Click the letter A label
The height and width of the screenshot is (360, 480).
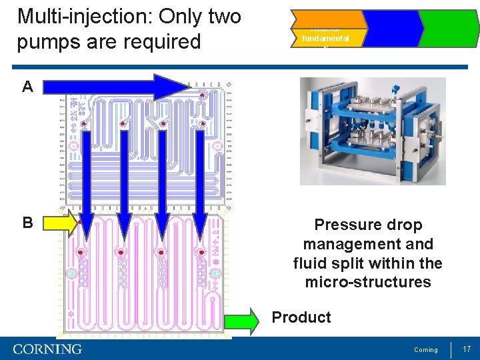click(27, 87)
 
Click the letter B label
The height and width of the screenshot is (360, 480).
click(27, 223)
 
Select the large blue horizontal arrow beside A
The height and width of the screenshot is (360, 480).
click(113, 87)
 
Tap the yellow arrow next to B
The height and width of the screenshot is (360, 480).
click(61, 223)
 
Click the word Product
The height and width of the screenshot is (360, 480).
click(301, 317)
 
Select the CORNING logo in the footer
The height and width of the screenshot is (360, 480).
click(47, 349)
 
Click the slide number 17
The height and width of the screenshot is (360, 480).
click(467, 349)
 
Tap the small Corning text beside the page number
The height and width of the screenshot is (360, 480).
click(426, 350)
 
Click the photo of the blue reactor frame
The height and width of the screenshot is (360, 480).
click(373, 131)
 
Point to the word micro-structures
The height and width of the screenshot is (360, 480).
click(368, 282)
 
